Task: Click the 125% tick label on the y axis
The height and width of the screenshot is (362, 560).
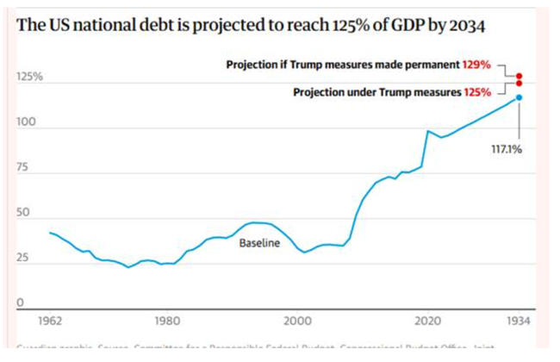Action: pos(29,78)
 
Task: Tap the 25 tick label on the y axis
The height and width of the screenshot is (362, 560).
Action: pos(24,257)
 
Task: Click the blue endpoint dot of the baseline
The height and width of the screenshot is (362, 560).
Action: pos(519,97)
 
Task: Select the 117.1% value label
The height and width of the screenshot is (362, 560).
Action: pos(507,148)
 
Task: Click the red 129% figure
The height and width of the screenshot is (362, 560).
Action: pos(476,65)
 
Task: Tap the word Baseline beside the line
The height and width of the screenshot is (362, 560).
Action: pos(260,244)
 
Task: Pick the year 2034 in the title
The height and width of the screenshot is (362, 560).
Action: pos(465,26)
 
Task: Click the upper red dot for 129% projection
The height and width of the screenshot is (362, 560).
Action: pos(519,76)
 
